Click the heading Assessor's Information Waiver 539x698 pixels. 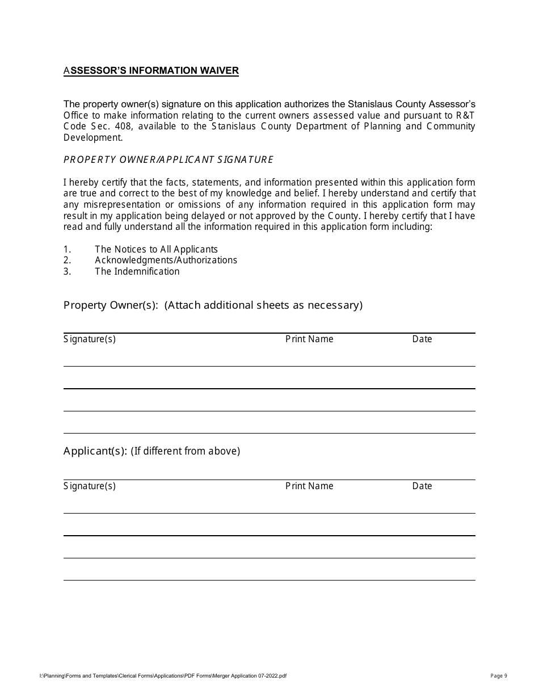point(151,71)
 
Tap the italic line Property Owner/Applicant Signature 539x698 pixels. point(168,159)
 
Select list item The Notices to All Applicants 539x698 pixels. point(156,249)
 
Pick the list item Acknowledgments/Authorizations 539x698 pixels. point(166,260)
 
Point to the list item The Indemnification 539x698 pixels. point(137,271)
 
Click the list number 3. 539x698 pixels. point(67,271)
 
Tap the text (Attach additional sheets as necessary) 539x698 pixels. point(263,305)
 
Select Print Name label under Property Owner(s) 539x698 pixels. point(309,339)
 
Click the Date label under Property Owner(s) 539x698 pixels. point(422,339)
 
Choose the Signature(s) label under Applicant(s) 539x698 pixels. point(90,486)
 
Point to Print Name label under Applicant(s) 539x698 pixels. point(309,486)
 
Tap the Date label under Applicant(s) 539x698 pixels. point(422,486)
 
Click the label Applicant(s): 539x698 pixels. point(95,451)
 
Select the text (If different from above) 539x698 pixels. point(186,451)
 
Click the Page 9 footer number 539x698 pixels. point(499,675)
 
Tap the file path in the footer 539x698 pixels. point(163,676)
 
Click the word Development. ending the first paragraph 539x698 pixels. point(92,137)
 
